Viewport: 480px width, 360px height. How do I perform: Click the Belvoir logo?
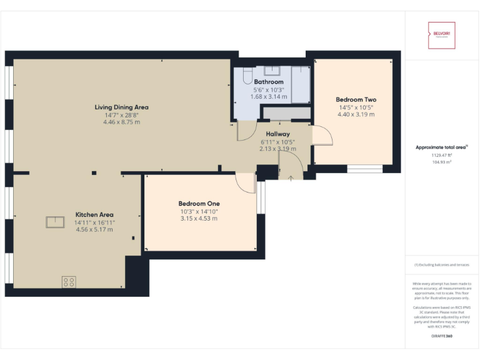(441, 36)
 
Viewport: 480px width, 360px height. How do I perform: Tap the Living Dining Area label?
(121, 107)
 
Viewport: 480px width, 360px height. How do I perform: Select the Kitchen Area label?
(94, 214)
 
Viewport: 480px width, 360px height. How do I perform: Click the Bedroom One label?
(199, 204)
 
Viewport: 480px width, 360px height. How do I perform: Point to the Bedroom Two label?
(356, 99)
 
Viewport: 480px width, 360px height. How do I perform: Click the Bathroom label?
(269, 82)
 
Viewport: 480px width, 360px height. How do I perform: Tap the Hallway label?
(277, 134)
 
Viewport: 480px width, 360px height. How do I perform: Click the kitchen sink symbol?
(55, 222)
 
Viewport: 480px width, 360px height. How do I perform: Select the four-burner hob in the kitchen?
(69, 282)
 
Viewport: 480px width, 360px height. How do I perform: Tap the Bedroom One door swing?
(246, 182)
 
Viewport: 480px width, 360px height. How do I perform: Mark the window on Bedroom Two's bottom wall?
(364, 169)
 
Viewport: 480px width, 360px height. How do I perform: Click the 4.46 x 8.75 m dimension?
(121, 122)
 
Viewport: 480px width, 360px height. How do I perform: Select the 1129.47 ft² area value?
(441, 155)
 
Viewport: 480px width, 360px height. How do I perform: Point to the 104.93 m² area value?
(441, 162)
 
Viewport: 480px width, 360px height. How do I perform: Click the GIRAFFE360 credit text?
(441, 337)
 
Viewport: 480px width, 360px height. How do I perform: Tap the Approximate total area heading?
(441, 147)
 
